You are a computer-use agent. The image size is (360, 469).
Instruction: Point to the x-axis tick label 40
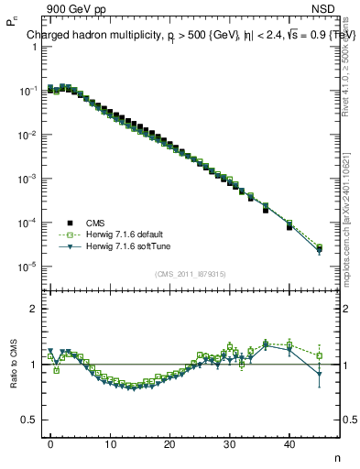click(x=289, y=443)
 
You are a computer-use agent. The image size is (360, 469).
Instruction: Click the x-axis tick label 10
click(x=110, y=443)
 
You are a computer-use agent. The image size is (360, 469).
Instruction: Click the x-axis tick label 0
click(x=50, y=443)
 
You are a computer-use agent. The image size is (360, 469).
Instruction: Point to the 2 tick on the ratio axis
click(x=31, y=309)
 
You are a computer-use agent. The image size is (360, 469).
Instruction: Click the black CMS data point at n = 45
click(x=319, y=249)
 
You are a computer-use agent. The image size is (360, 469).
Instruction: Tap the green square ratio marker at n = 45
click(x=319, y=355)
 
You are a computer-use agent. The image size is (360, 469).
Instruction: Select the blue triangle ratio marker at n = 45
click(x=319, y=374)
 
